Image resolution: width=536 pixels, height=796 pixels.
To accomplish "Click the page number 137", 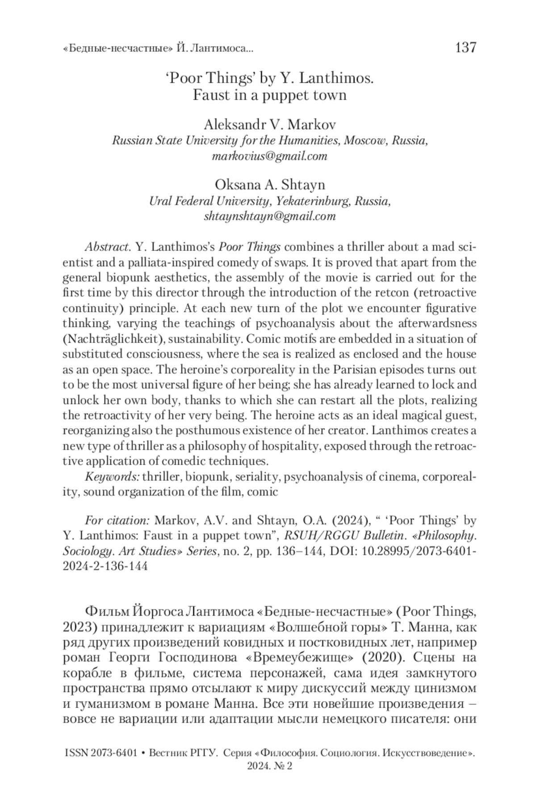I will point(465,47).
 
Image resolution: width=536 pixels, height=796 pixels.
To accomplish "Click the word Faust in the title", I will point(208,96).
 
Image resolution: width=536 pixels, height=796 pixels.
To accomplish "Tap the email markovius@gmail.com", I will point(269,157).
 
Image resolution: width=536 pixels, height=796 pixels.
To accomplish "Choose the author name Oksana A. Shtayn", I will point(270,184).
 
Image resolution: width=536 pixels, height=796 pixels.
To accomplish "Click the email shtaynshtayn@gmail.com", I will point(269,217).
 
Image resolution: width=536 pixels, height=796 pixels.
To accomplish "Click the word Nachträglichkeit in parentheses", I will point(112,339).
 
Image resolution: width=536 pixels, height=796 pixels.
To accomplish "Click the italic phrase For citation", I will point(117,521).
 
